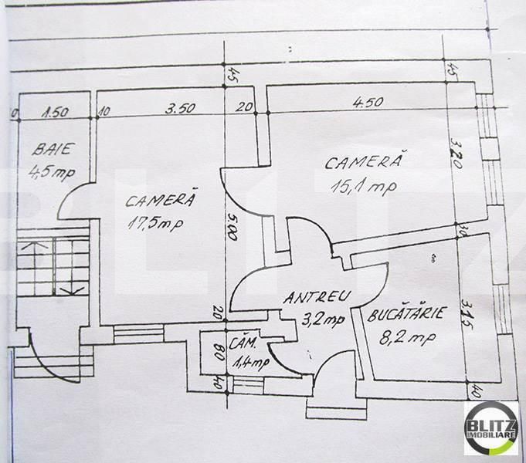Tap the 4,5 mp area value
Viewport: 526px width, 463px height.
(x=50, y=172)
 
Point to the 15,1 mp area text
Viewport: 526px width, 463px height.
(x=361, y=186)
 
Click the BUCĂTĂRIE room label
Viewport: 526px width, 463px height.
(x=405, y=315)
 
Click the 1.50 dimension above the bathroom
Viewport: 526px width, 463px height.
(x=55, y=110)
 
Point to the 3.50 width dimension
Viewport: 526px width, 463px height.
(x=179, y=109)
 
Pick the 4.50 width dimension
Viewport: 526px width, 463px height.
(x=368, y=101)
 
